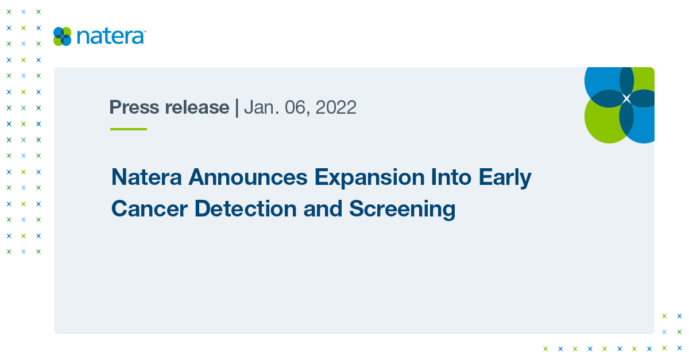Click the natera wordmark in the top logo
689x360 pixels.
pos(111,36)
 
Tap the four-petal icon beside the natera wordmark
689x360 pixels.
pos(62,36)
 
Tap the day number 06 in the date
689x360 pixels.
pos(293,107)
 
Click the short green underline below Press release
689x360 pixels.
pos(129,129)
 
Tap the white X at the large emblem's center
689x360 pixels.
pos(626,99)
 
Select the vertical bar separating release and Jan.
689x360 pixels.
pos(237,107)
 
